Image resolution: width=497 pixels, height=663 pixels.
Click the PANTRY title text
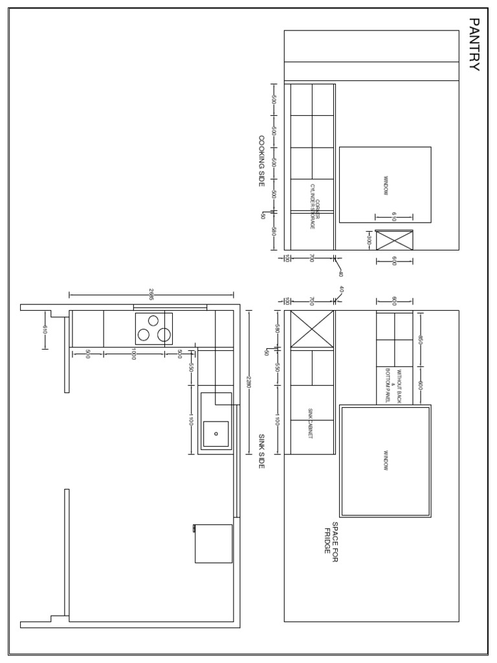[x=474, y=44]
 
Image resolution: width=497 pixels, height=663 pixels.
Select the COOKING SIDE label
[x=261, y=161]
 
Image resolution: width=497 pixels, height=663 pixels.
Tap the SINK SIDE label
[x=261, y=451]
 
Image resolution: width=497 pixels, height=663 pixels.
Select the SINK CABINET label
[x=310, y=424]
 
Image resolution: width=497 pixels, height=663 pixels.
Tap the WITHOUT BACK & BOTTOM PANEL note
[x=394, y=387]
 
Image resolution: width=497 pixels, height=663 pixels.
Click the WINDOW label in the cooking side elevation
[x=386, y=185]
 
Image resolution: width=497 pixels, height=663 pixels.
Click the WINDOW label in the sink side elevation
[x=386, y=460]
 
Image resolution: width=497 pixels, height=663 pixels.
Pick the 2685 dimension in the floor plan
[x=151, y=295]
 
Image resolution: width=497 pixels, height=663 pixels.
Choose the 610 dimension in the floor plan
[x=45, y=330]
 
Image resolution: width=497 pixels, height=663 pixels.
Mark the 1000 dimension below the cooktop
[x=134, y=354]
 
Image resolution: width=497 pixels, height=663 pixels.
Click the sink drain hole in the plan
[x=216, y=434]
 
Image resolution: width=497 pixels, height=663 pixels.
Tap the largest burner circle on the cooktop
[x=164, y=335]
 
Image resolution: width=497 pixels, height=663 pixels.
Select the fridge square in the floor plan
[x=214, y=543]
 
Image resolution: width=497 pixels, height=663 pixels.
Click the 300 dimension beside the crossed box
[x=369, y=240]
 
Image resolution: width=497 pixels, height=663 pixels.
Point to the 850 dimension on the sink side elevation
[x=420, y=340]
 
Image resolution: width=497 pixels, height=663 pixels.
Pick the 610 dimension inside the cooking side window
[x=393, y=217]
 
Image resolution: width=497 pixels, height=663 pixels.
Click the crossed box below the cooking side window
[x=394, y=240]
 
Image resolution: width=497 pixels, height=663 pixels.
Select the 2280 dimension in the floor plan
[x=248, y=382]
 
